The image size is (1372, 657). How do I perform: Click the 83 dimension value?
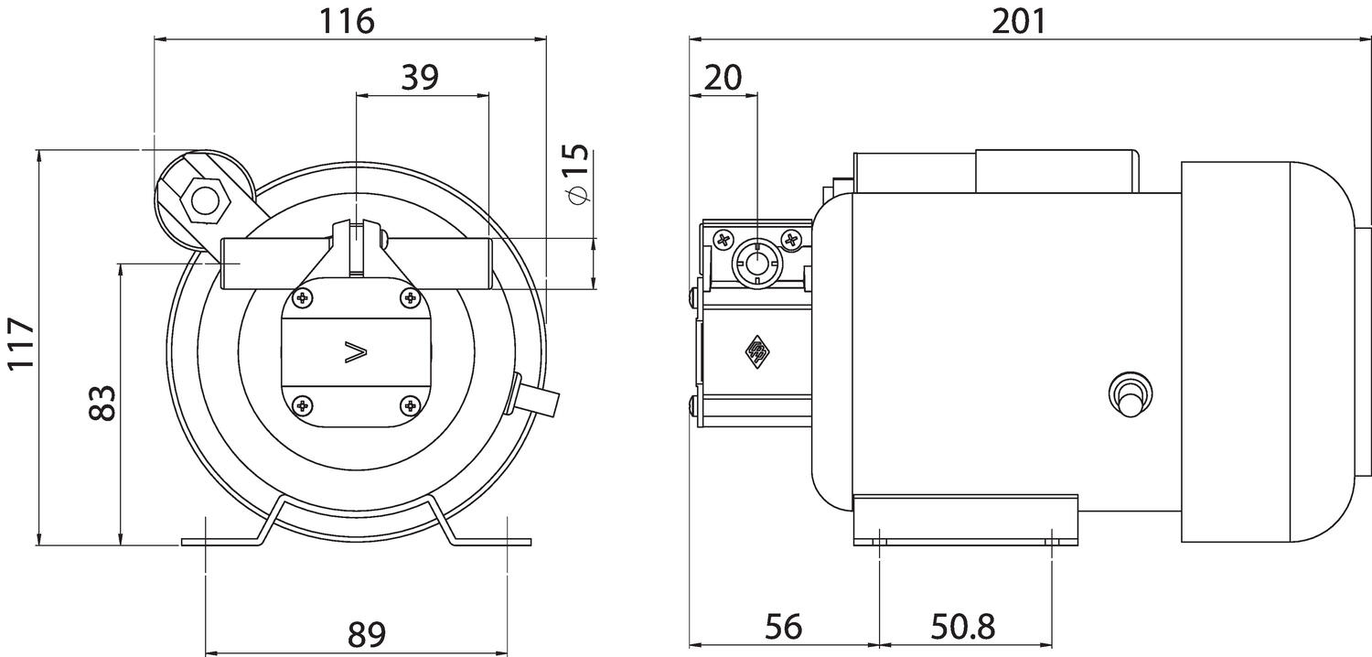[102, 403]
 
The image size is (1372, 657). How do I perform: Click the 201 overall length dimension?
[1019, 20]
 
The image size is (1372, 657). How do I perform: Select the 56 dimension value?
[783, 628]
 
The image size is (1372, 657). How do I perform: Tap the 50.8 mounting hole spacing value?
[961, 628]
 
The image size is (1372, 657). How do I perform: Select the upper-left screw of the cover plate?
[302, 297]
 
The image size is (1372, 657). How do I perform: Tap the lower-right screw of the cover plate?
[410, 404]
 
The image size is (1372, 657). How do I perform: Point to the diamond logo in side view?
[756, 351]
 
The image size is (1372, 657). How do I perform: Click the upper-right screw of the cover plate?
[410, 297]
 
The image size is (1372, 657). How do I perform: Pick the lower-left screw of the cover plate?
[302, 404]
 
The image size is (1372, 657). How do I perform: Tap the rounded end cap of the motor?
[1317, 352]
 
